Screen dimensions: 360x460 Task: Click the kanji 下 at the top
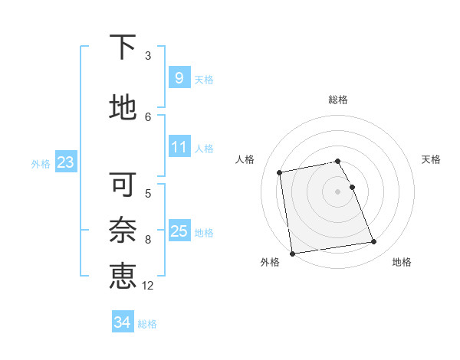point(123,48)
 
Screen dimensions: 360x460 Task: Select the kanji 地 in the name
point(123,108)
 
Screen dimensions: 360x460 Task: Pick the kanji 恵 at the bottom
point(123,277)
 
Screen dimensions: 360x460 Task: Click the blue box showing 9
point(179,77)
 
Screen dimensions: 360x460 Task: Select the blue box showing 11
point(179,146)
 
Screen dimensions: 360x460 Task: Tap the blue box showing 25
point(179,231)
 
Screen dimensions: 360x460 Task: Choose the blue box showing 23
point(65,162)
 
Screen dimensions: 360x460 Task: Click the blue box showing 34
point(122,322)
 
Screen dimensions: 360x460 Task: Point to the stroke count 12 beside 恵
point(148,286)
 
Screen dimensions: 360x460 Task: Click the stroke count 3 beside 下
point(148,55)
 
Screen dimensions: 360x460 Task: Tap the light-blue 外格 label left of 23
point(41,163)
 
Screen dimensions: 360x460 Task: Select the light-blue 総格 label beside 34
point(147,324)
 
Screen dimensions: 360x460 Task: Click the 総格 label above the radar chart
point(338,100)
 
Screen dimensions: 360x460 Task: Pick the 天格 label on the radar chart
point(432,159)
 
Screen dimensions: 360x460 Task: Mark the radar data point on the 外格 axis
point(292,254)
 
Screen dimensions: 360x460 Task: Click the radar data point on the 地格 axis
point(374,242)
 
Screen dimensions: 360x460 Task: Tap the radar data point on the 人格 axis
point(280,172)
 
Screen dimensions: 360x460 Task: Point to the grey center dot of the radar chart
point(338,191)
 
